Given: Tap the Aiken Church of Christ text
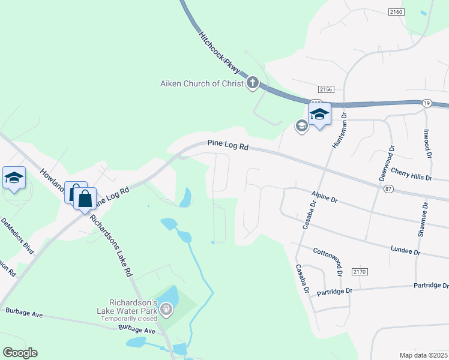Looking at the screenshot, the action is (x=201, y=83).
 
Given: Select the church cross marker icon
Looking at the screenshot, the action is (x=253, y=83).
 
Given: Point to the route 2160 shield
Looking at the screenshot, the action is (x=396, y=11).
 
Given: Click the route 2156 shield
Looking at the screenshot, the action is (x=326, y=89).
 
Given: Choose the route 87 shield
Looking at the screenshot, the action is (x=389, y=189).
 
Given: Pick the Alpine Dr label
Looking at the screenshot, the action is (x=325, y=196).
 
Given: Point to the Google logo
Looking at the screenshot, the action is (x=20, y=353).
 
